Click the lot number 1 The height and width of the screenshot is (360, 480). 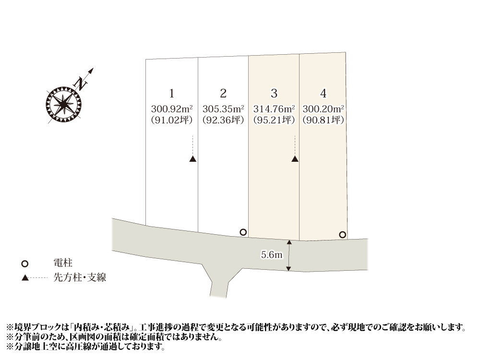[x=171, y=93]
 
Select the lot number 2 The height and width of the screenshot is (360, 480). [x=223, y=93]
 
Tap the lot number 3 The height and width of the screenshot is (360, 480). [x=274, y=93]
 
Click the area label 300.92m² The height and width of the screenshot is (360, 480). [x=171, y=108]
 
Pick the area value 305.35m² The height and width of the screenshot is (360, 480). [x=223, y=108]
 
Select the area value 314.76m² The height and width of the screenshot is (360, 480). [x=274, y=108]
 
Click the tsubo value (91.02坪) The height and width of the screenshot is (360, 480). [x=171, y=120]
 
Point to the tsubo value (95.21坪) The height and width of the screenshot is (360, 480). [x=274, y=120]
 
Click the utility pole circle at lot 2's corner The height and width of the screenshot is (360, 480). [x=243, y=232]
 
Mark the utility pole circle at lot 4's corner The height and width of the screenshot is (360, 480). [x=342, y=235]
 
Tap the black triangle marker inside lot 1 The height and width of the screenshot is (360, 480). [x=192, y=159]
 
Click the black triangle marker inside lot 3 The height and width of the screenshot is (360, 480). [x=295, y=159]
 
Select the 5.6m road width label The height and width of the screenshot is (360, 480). [x=271, y=255]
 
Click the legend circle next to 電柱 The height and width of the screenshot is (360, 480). [x=25, y=264]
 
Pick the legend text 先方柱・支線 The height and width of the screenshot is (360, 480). [x=79, y=278]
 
